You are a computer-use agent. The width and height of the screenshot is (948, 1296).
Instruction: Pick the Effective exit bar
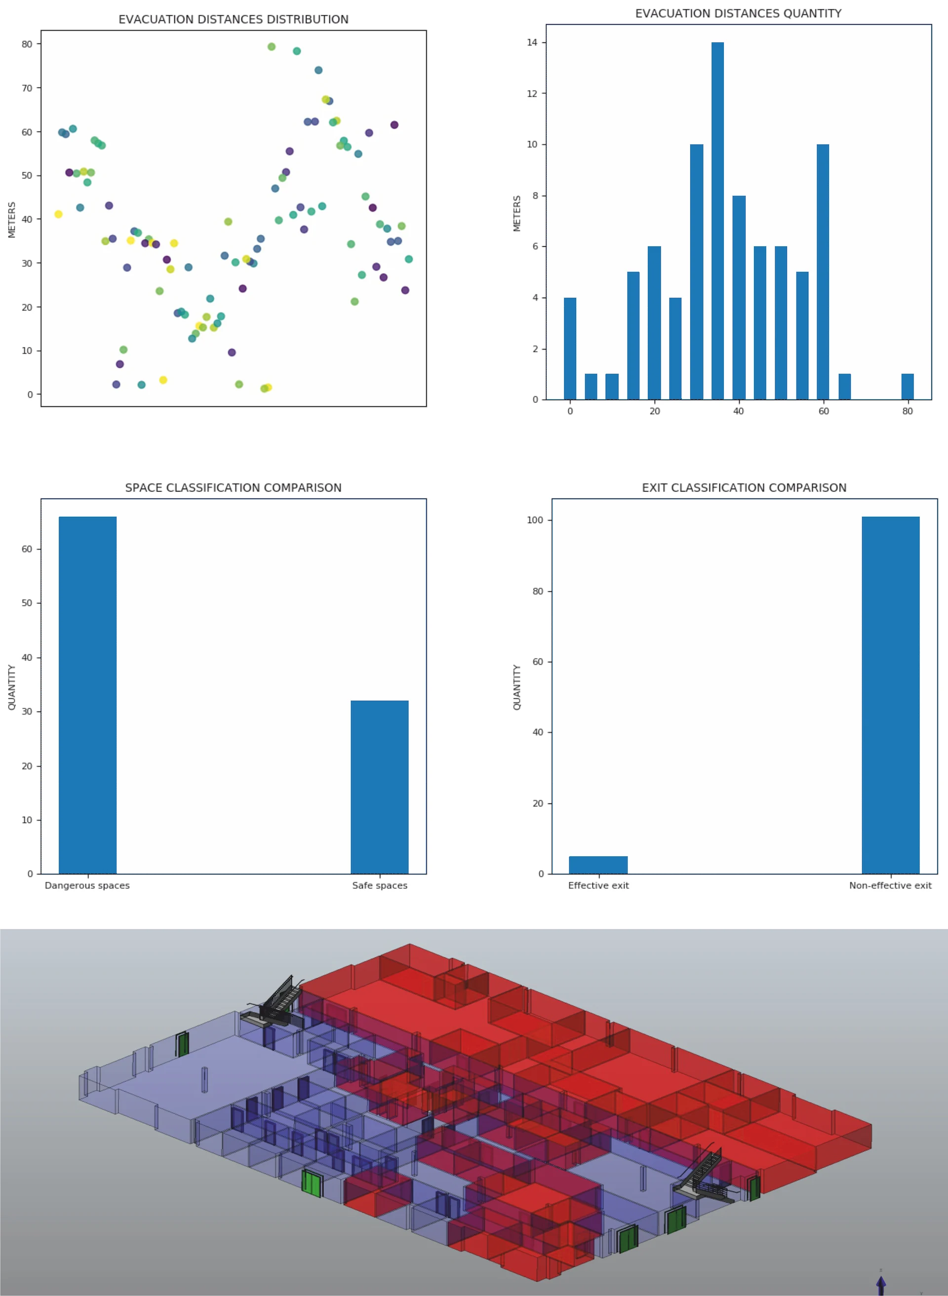tap(598, 865)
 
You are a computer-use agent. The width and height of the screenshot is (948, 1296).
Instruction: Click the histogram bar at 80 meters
tap(907, 386)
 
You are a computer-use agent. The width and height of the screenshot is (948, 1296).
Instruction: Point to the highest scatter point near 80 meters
tap(272, 47)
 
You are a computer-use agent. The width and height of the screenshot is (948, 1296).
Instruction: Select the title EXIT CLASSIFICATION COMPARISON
tap(744, 488)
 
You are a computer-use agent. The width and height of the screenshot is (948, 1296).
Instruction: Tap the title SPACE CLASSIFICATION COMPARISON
tap(234, 488)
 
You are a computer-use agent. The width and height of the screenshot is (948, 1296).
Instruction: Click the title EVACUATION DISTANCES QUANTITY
tap(738, 14)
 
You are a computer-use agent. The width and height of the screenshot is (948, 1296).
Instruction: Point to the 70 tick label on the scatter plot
tap(27, 88)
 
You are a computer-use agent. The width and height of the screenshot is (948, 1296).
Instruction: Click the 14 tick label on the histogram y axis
tap(532, 42)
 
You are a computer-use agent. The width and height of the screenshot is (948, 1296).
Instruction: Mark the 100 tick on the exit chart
tap(535, 520)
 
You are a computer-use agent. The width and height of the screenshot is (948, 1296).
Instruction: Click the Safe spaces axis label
tap(379, 885)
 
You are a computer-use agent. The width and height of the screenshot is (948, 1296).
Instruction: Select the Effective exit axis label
tap(598, 885)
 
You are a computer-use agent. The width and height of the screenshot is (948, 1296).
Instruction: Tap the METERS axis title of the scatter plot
tap(11, 220)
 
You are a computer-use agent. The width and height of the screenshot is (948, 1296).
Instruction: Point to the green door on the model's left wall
tap(183, 1044)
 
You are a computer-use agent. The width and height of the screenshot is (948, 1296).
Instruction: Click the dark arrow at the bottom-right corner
tap(881, 1284)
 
